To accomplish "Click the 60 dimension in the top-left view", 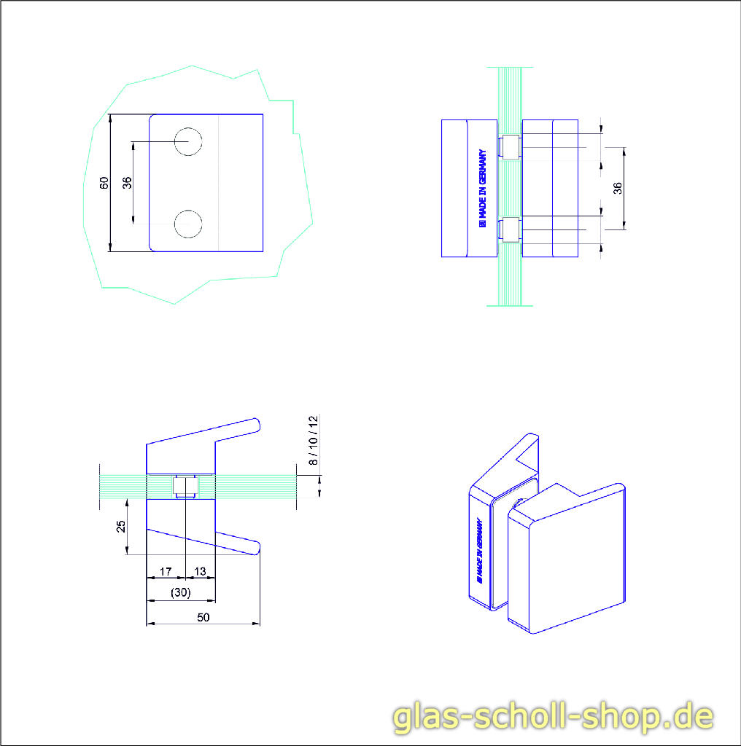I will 104,183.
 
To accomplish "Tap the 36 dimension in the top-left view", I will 128,183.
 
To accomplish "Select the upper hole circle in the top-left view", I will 188,141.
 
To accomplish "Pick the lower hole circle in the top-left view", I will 188,224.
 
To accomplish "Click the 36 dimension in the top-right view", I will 618,188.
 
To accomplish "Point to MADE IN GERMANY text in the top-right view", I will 481,189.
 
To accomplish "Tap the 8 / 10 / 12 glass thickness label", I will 313,440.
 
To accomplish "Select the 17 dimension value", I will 166,570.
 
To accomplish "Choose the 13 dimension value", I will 201,570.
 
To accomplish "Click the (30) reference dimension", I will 180,593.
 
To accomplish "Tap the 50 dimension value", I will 203,616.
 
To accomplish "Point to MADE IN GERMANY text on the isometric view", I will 479,551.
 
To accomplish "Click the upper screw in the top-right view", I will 509,146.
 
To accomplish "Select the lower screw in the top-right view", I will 509,230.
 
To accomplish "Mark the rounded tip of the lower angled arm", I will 255,548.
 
